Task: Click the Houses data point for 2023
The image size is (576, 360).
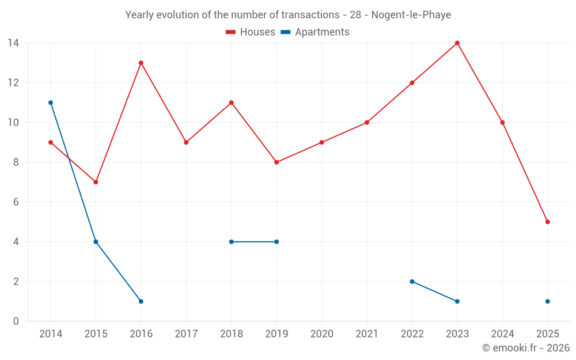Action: [457, 43]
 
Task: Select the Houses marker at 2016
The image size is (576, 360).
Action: [141, 63]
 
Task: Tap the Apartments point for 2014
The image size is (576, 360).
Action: [51, 103]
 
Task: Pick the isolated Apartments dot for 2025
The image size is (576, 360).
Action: [547, 301]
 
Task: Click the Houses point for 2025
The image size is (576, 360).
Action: [547, 222]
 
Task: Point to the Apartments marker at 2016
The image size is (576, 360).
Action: [141, 301]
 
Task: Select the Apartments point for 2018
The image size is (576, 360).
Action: [231, 242]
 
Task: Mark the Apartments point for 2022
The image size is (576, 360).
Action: [412, 282]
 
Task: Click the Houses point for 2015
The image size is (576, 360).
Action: [96, 182]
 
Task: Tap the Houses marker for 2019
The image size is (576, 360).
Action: [276, 162]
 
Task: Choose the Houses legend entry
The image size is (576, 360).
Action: [251, 32]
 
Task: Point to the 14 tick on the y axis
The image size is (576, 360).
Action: [13, 43]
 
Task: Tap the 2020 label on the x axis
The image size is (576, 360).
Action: [321, 334]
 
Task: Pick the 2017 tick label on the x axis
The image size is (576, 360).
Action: [186, 334]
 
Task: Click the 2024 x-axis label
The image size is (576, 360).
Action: [502, 334]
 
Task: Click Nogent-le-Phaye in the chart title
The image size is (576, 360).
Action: [411, 14]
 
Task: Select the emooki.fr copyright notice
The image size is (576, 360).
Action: [525, 348]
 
